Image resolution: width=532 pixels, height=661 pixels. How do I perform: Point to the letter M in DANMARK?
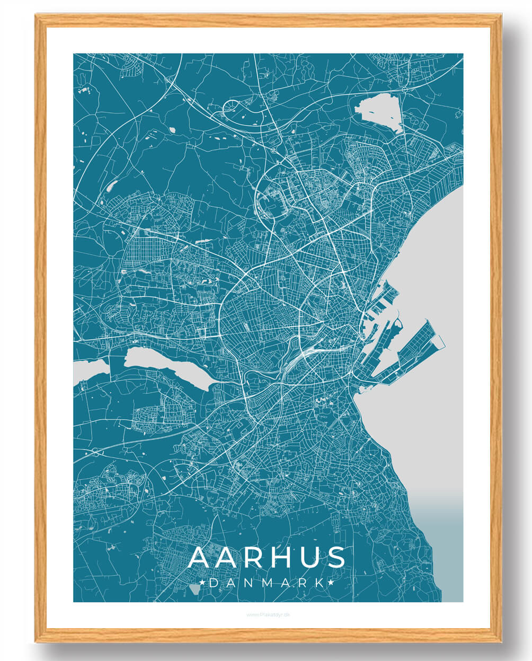coord(267,583)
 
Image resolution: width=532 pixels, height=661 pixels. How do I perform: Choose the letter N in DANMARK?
coord(249,583)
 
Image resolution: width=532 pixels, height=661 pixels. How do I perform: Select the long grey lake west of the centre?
coord(167,366)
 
